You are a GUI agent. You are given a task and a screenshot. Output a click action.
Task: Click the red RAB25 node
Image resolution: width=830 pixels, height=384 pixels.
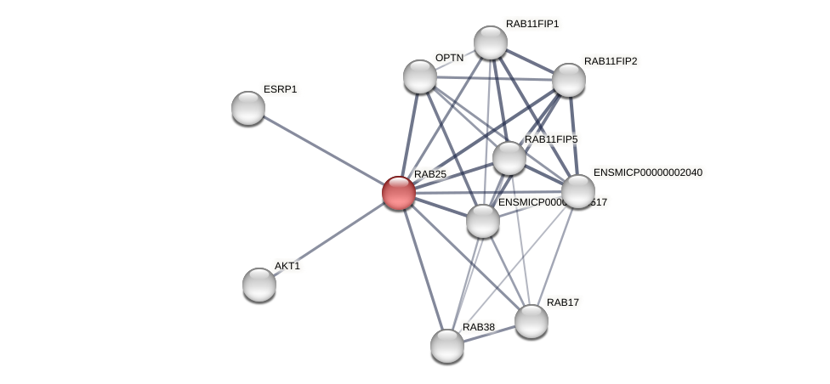coord(398,193)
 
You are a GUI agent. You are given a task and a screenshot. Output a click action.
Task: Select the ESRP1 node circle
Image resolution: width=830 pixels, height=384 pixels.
coord(248,108)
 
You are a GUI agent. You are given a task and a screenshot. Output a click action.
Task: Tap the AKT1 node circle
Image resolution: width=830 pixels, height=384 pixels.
coord(259,284)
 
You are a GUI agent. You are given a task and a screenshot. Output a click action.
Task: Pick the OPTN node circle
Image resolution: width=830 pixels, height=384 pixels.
coord(419,76)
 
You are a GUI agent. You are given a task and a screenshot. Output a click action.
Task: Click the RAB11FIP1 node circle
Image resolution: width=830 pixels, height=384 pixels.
coord(491,42)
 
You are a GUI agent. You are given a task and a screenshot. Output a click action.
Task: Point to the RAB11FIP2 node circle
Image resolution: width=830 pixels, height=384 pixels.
coord(569,80)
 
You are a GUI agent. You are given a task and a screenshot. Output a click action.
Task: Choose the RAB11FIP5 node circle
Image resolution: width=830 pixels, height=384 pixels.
coord(509,158)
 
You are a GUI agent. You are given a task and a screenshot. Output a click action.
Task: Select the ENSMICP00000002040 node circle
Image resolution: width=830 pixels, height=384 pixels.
coord(578,191)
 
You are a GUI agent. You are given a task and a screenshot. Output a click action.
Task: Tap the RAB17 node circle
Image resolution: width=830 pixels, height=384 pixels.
coord(532,321)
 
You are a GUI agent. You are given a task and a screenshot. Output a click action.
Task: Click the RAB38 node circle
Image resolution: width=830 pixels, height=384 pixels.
coord(447,346)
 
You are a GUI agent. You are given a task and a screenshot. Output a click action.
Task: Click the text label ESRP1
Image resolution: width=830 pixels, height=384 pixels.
coord(280,89)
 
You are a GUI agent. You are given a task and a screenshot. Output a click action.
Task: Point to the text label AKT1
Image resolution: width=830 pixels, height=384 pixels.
coord(287,266)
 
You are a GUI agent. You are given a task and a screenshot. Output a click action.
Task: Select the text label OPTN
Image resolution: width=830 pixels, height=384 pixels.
coord(449,58)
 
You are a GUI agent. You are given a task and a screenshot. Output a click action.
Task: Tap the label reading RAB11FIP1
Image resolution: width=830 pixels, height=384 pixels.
coord(532,24)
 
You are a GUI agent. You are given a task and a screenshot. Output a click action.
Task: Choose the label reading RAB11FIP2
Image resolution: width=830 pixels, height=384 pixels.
coord(610,61)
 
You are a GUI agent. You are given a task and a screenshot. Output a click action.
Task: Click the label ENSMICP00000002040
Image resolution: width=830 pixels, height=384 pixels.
coord(647,172)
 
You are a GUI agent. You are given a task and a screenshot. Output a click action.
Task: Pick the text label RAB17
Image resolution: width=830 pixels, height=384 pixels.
coord(562,302)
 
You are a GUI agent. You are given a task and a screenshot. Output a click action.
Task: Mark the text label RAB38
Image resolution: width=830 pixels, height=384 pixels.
coord(478,327)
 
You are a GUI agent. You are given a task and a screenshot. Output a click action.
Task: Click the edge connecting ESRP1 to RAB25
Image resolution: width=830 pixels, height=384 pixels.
coord(323,150)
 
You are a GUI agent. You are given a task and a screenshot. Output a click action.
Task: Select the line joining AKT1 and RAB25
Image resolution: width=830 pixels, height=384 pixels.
coord(328,239)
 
